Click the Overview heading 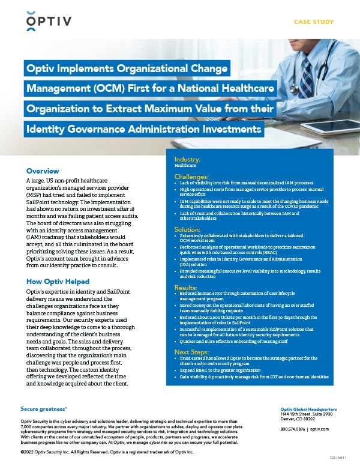coord(43,171)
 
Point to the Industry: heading coord(187,159)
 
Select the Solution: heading coord(188,229)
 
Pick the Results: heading coord(186,288)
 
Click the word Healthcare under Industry coord(185,165)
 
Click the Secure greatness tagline coord(44,408)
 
